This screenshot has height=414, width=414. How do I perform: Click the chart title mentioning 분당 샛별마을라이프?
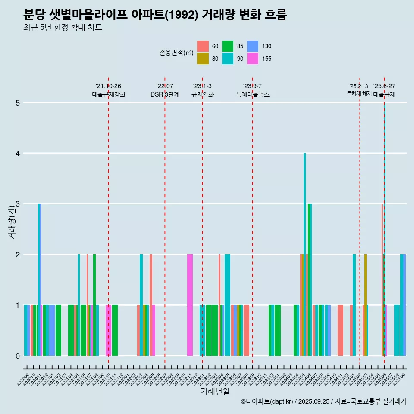tap(155, 15)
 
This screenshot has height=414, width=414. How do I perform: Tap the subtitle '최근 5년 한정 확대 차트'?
tap(63, 28)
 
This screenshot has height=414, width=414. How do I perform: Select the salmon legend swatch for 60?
tap(203, 46)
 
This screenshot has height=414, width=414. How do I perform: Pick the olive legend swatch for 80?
tap(203, 59)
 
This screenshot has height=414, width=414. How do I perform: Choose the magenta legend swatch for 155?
tap(253, 59)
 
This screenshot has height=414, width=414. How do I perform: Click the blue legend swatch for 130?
tap(253, 46)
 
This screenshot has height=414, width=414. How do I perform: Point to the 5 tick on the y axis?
tap(18, 103)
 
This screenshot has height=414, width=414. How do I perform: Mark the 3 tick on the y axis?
tap(18, 204)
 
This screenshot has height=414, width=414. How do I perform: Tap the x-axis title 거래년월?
tap(215, 391)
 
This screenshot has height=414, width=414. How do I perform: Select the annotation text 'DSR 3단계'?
tap(165, 95)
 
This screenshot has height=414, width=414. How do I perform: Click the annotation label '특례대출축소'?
tap(252, 95)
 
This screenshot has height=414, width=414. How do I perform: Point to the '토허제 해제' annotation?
tap(359, 94)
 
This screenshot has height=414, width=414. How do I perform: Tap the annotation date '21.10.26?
tap(108, 86)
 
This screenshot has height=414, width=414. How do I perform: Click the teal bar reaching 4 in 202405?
tap(304, 254)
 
